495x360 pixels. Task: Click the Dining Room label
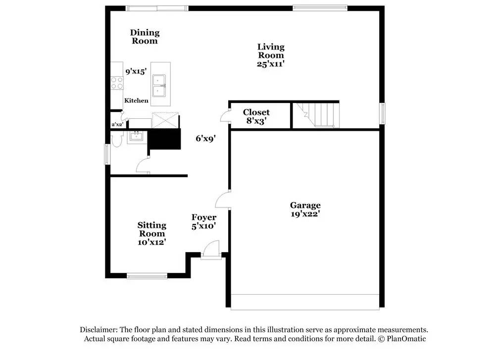145,37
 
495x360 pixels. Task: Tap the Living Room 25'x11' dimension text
271,64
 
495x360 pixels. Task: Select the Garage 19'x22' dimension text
305,214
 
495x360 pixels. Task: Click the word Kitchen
136,101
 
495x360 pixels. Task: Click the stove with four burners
117,83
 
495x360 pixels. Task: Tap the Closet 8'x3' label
256,116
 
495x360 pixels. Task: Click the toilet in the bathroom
117,140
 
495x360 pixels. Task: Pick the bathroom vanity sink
135,137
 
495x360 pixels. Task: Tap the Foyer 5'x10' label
204,221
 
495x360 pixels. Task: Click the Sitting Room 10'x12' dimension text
151,242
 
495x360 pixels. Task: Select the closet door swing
224,116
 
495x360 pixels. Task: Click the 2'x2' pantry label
116,125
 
